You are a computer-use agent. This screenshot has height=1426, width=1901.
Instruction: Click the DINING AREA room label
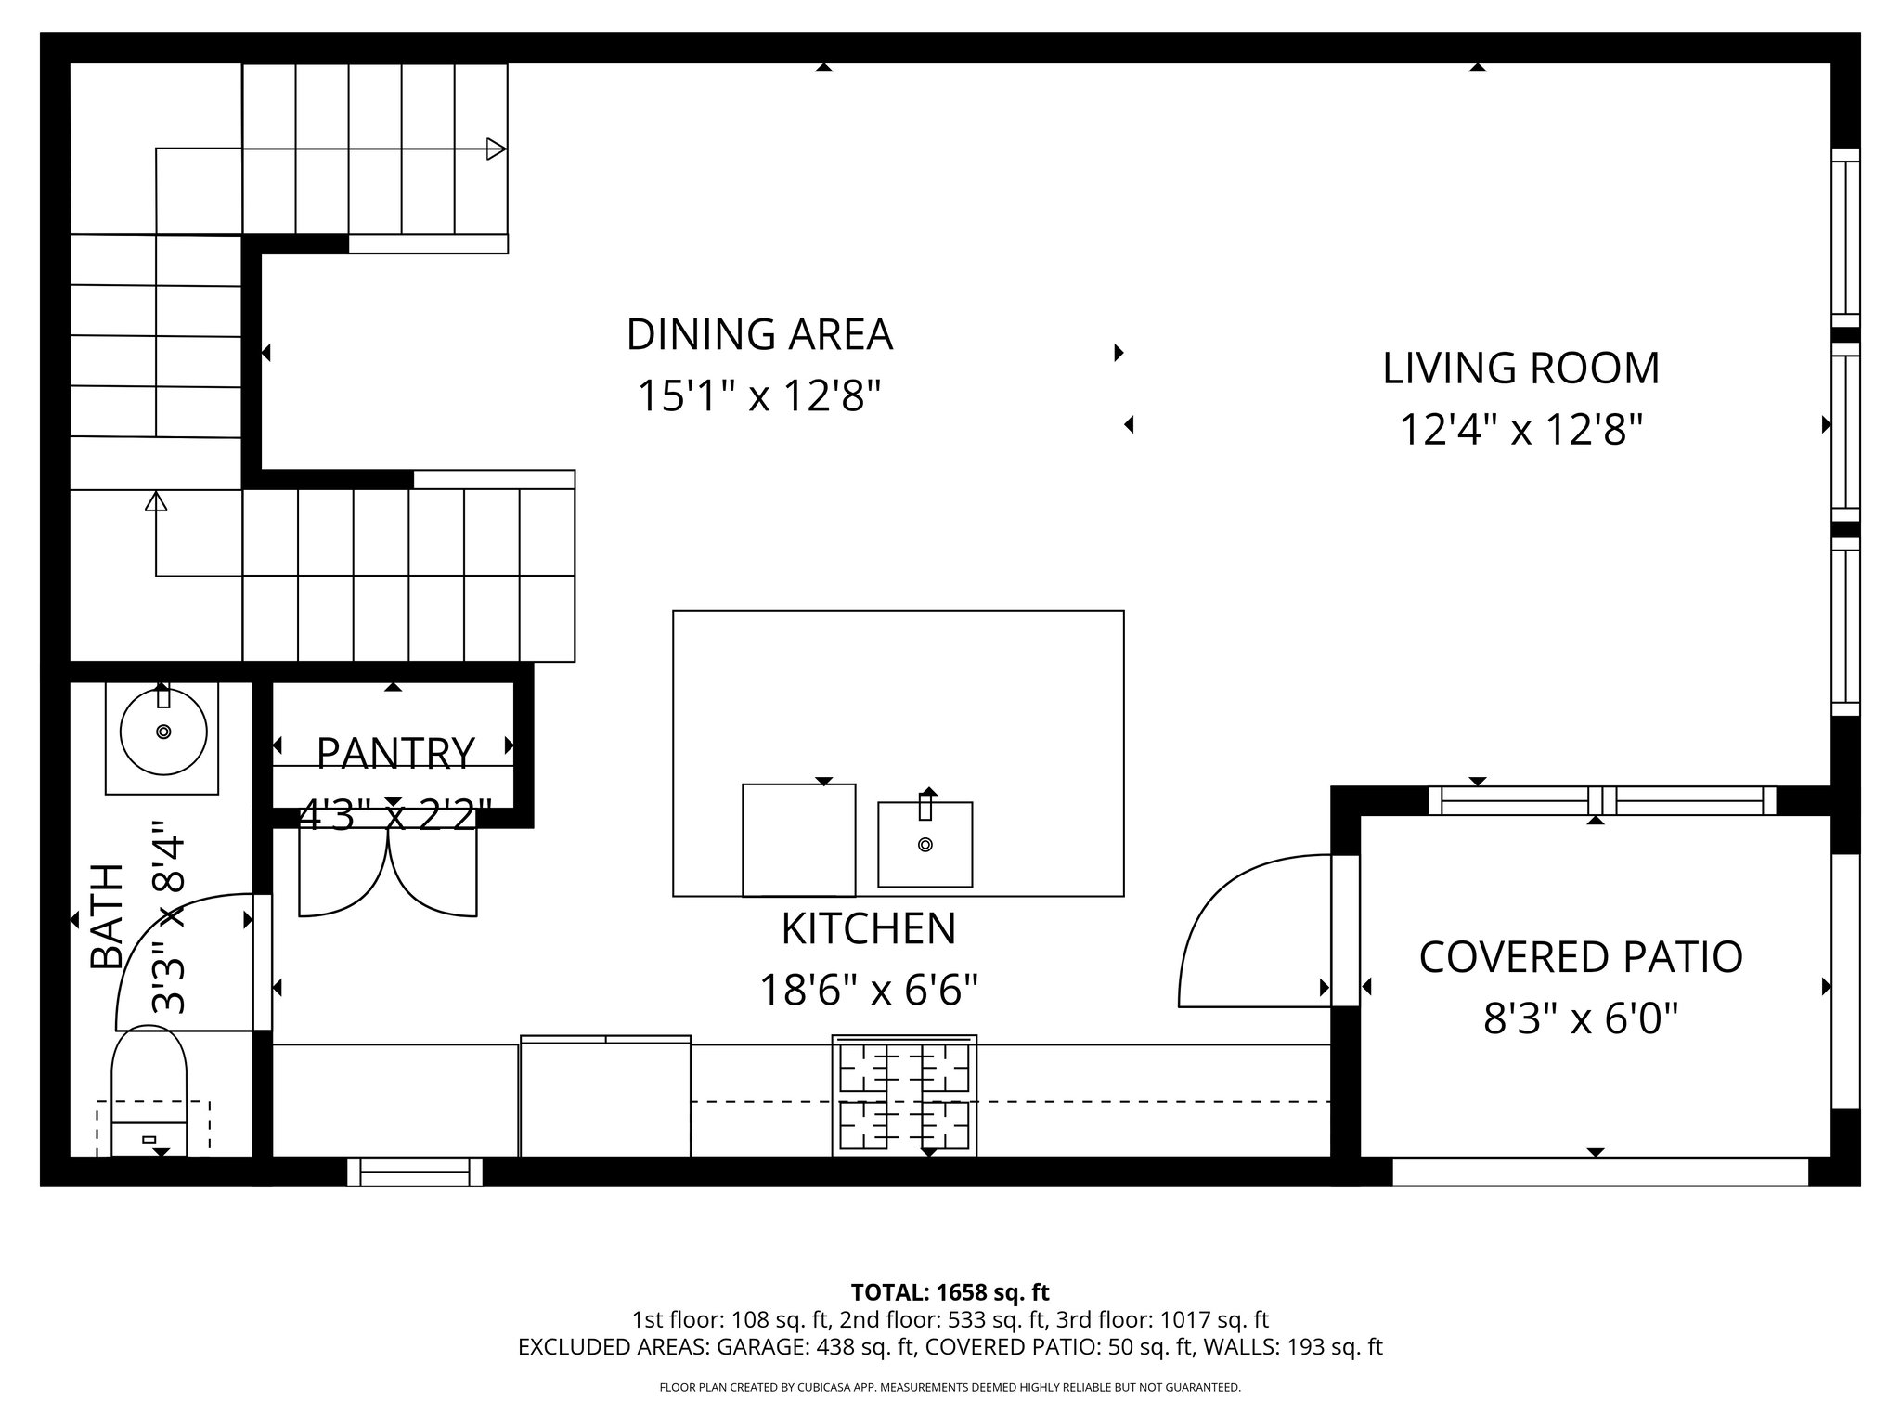759,335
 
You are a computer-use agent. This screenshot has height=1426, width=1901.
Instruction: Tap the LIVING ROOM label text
1520,369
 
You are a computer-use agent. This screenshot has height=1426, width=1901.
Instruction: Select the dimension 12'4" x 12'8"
1520,430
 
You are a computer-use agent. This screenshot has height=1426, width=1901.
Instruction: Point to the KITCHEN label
868,929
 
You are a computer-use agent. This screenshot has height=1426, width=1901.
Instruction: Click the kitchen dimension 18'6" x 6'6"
868,991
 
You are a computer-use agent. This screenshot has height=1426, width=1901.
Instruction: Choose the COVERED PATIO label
1580,957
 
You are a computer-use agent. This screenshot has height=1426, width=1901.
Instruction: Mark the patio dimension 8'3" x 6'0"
1580,1019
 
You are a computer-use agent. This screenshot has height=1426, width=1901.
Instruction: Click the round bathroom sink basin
163,732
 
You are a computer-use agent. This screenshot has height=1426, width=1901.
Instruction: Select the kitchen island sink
925,843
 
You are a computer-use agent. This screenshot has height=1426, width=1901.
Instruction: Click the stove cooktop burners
904,1095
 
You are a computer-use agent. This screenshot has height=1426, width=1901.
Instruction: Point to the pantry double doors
388,873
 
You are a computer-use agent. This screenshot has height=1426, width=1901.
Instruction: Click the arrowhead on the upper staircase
497,149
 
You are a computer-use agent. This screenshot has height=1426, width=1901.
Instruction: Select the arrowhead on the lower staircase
156,501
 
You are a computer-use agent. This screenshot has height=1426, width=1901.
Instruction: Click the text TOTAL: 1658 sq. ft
950,1292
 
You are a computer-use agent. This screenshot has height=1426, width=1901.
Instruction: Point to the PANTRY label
395,753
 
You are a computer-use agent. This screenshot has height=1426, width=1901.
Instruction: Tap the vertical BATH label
108,916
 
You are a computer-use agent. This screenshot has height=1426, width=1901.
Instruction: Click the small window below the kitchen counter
415,1172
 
